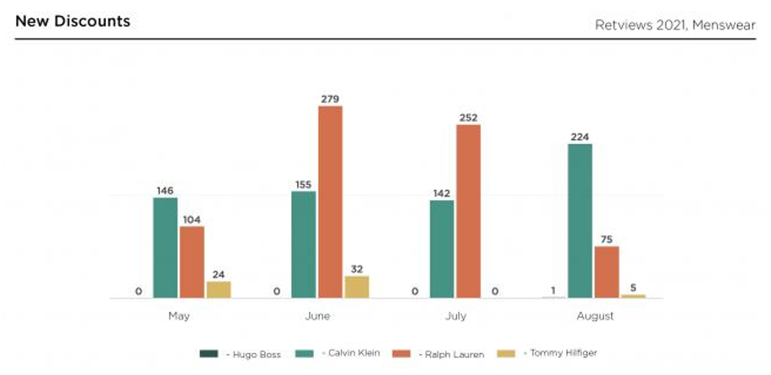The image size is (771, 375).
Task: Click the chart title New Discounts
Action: (x=72, y=21)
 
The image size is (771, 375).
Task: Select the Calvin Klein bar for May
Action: (x=166, y=248)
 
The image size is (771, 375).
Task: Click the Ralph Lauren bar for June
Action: (x=330, y=202)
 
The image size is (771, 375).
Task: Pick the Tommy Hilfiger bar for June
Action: (x=357, y=287)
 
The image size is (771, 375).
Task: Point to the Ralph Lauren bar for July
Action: (x=468, y=211)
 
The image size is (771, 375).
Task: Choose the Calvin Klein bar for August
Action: (x=580, y=220)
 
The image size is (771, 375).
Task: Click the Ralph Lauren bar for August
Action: (x=606, y=272)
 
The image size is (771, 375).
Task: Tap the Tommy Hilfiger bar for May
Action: (x=219, y=289)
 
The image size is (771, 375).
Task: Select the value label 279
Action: (x=330, y=98)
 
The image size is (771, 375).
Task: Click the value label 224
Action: (x=579, y=136)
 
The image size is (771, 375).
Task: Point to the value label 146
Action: (x=165, y=190)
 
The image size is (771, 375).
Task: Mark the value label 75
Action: (x=607, y=239)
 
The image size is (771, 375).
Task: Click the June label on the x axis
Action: (x=316, y=317)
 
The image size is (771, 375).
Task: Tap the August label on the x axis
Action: (x=594, y=317)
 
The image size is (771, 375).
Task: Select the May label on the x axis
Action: (x=178, y=317)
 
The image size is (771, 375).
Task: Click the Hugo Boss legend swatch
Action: (x=209, y=354)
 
